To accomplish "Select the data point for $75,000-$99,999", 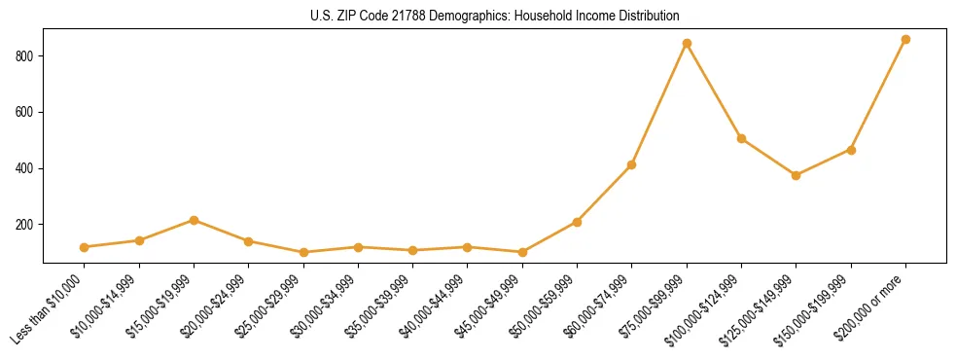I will pyautogui.click(x=687, y=44).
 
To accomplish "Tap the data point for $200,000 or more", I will pyautogui.click(x=905, y=40).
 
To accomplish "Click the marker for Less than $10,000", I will pyautogui.click(x=85, y=247).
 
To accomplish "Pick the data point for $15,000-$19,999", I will pyautogui.click(x=194, y=220).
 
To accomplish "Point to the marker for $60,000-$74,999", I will pyautogui.click(x=632, y=165).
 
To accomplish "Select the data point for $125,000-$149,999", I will pyautogui.click(x=796, y=175).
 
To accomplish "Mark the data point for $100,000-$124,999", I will pyautogui.click(x=741, y=139).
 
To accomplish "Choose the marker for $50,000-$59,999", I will pyautogui.click(x=577, y=222).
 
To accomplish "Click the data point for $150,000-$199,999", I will pyautogui.click(x=851, y=150).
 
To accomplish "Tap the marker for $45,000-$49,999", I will pyautogui.click(x=522, y=252).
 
